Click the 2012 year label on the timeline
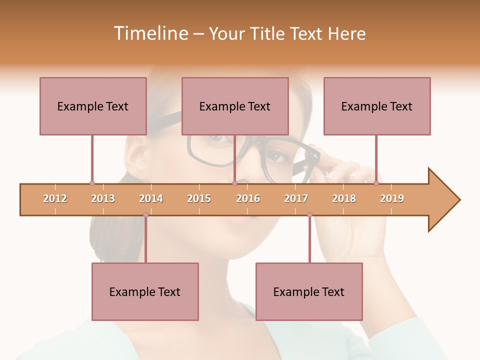tap(55, 198)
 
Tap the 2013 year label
tap(103, 198)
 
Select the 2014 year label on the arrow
tap(151, 198)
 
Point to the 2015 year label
tap(199, 198)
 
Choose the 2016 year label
tap(248, 198)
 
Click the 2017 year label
tap(296, 198)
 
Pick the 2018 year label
tap(344, 198)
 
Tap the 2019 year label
tap(392, 198)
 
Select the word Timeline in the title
tap(149, 33)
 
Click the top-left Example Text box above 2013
tap(93, 106)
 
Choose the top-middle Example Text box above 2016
tap(235, 106)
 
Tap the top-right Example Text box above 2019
tap(377, 106)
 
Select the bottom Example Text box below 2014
tap(145, 291)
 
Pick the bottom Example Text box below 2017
tap(309, 291)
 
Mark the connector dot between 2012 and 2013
tap(92, 183)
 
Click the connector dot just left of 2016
tap(234, 183)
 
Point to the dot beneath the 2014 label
tap(145, 215)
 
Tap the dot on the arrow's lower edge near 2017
tap(309, 215)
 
